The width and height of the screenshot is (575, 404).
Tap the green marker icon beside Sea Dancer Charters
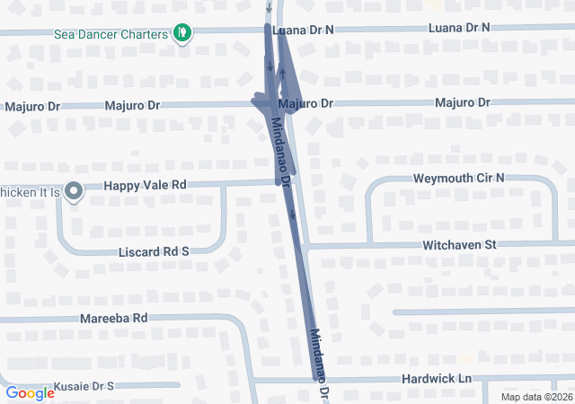183,34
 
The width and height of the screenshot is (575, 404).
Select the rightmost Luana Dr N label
459,28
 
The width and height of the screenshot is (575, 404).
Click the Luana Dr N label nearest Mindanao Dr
305,29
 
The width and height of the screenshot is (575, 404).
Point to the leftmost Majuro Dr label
31,106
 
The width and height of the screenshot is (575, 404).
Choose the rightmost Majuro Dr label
463,103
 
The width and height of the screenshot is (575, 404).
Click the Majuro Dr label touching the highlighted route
305,104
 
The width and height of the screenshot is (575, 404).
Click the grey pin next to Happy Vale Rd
74,190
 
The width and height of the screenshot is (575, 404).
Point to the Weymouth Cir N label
458,179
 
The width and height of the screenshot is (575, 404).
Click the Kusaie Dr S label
84,386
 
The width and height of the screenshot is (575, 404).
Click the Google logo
30,392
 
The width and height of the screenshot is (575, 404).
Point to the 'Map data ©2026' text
535,397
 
